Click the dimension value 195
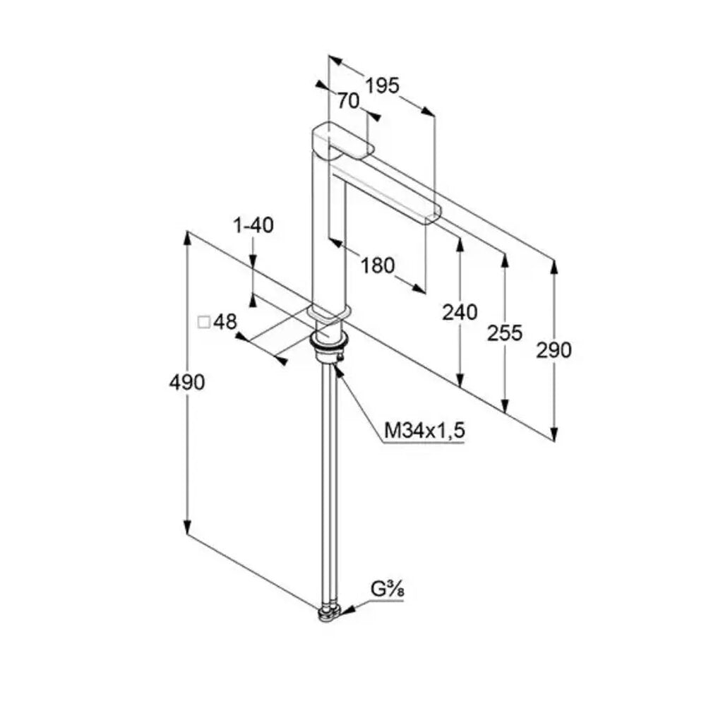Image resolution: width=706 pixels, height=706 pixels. coord(382,85)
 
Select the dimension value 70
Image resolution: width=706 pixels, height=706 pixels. coord(349,101)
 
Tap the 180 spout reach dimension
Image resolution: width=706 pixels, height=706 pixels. coord(377,265)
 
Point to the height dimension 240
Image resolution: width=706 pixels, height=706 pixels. coord(460,312)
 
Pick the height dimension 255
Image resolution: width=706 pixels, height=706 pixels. coord(505,333)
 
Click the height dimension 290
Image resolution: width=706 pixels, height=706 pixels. coord(554,350)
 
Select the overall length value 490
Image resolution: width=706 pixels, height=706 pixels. coord(187,382)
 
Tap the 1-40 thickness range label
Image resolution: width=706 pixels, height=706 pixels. coord(253,225)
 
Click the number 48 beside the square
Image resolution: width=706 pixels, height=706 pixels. coord(225,322)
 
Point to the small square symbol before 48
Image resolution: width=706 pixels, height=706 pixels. coord(204,322)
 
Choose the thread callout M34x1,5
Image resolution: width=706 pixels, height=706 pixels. coord(424,431)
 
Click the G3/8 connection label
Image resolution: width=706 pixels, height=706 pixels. coord(387,589)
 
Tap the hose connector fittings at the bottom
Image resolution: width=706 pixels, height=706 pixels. coord(329,614)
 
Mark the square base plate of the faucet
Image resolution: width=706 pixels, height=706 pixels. coord(329,313)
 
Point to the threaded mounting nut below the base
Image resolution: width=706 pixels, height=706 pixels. coord(329,347)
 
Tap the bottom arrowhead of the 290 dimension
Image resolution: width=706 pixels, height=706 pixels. coord(554,434)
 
